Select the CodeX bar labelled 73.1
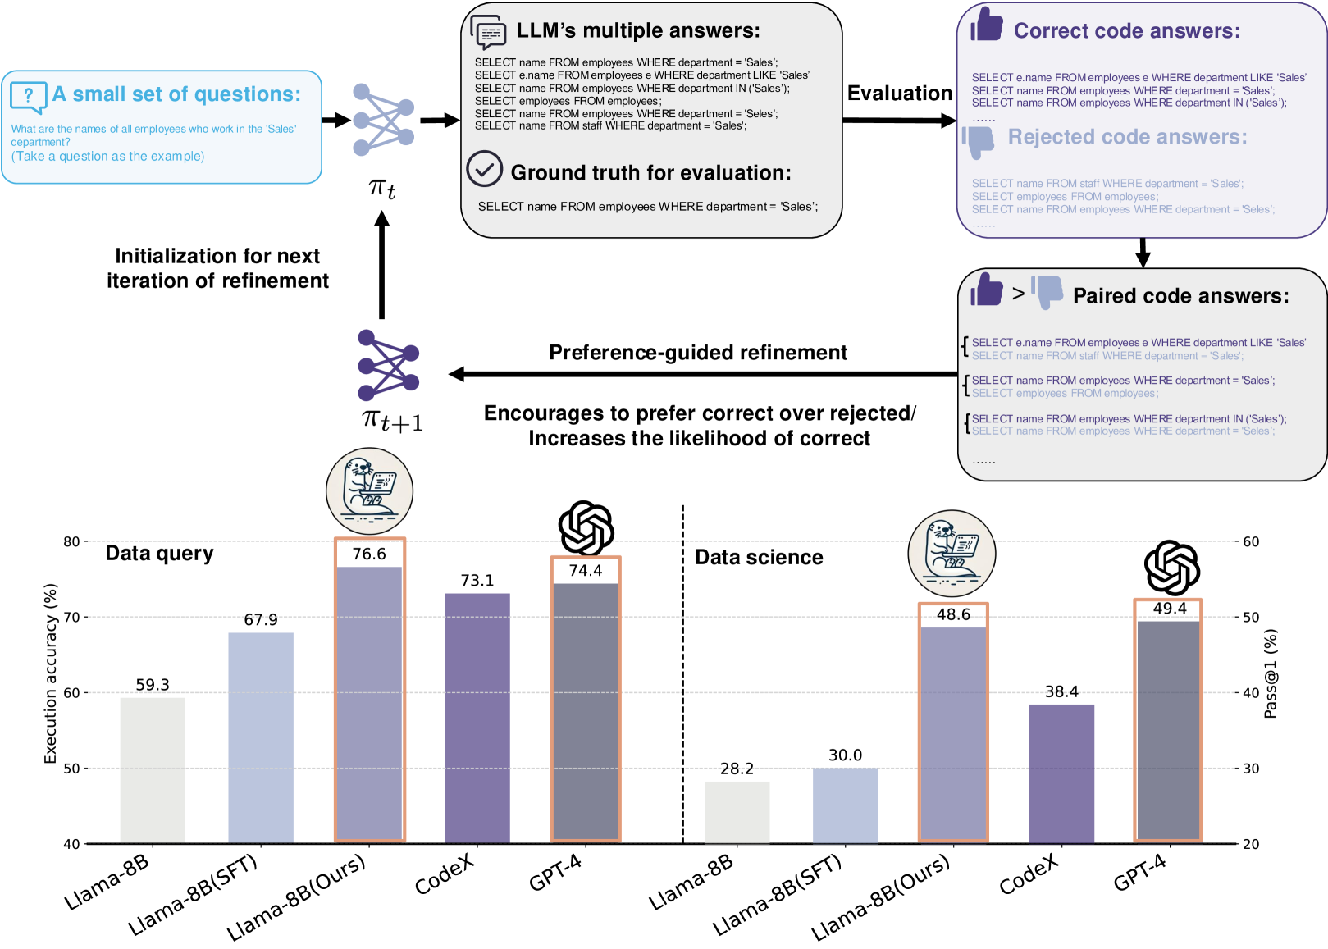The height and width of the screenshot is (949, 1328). [477, 718]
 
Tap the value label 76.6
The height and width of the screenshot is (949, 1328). [369, 554]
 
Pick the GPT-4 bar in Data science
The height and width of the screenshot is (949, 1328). [1169, 731]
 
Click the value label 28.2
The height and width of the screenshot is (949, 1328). [737, 769]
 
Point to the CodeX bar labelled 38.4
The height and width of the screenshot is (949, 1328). [1061, 773]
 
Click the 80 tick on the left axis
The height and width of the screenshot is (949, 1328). [71, 541]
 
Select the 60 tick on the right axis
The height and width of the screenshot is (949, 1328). [1251, 541]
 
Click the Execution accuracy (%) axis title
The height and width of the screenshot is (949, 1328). [51, 673]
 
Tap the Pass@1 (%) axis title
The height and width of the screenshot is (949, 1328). [1271, 673]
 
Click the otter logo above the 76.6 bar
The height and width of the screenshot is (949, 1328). [369, 491]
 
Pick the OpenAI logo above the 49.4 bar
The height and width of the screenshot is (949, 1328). [1171, 568]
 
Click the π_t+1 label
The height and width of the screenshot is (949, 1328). [391, 420]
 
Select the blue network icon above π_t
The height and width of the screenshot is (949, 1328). [383, 120]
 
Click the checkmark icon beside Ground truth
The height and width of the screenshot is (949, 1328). [484, 169]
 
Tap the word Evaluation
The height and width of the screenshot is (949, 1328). [899, 94]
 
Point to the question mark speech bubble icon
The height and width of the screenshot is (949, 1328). [28, 97]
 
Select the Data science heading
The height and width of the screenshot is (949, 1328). [759, 558]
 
